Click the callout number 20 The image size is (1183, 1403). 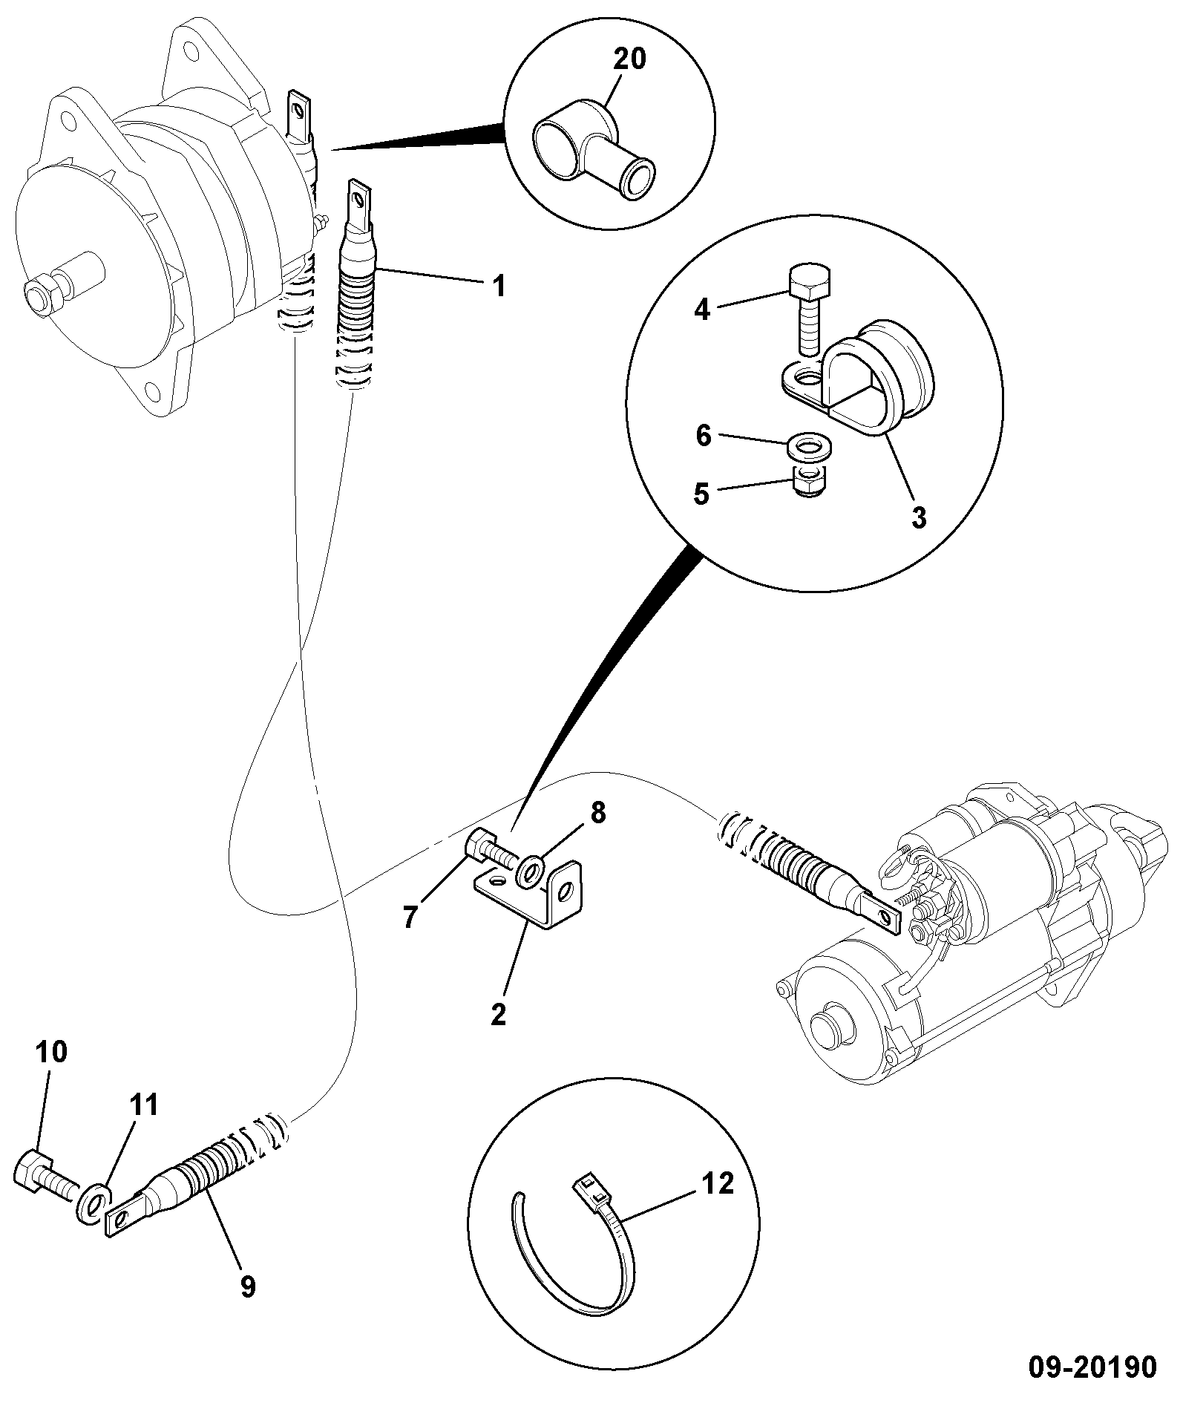coord(629,59)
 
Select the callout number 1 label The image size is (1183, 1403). coord(499,286)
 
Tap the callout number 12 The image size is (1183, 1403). coord(717,1183)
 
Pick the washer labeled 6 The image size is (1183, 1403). coord(810,448)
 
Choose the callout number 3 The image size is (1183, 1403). coord(919,517)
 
